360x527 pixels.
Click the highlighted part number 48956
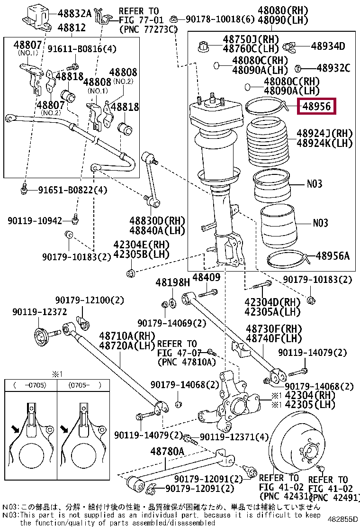pos(316,107)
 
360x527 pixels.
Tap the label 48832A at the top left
pos(74,13)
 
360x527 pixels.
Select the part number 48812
pos(72,27)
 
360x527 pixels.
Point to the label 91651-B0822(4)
pos(72,190)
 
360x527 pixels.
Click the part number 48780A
pos(167,451)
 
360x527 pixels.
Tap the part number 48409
pos(207,277)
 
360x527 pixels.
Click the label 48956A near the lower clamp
pos(333,256)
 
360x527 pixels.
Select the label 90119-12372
pos(40,312)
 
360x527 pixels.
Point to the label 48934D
pos(328,46)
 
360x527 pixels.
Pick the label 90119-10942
pos(35,221)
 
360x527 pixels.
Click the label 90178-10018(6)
pos(220,19)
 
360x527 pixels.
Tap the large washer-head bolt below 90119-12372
pos(47,336)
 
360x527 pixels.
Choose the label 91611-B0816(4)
pos(82,49)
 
